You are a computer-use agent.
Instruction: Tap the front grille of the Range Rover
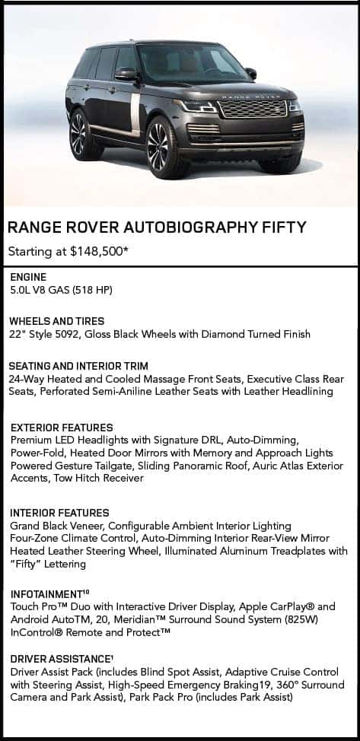click(x=253, y=109)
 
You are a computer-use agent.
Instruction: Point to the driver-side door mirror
click(x=126, y=74)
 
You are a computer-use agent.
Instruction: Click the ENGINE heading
click(x=28, y=278)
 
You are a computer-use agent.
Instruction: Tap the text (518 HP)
click(x=93, y=290)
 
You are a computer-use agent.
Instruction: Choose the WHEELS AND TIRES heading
click(x=57, y=321)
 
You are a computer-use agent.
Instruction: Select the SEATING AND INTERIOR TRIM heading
click(x=78, y=366)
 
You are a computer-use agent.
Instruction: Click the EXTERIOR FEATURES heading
click(x=62, y=428)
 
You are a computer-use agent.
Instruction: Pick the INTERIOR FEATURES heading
click(x=59, y=513)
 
